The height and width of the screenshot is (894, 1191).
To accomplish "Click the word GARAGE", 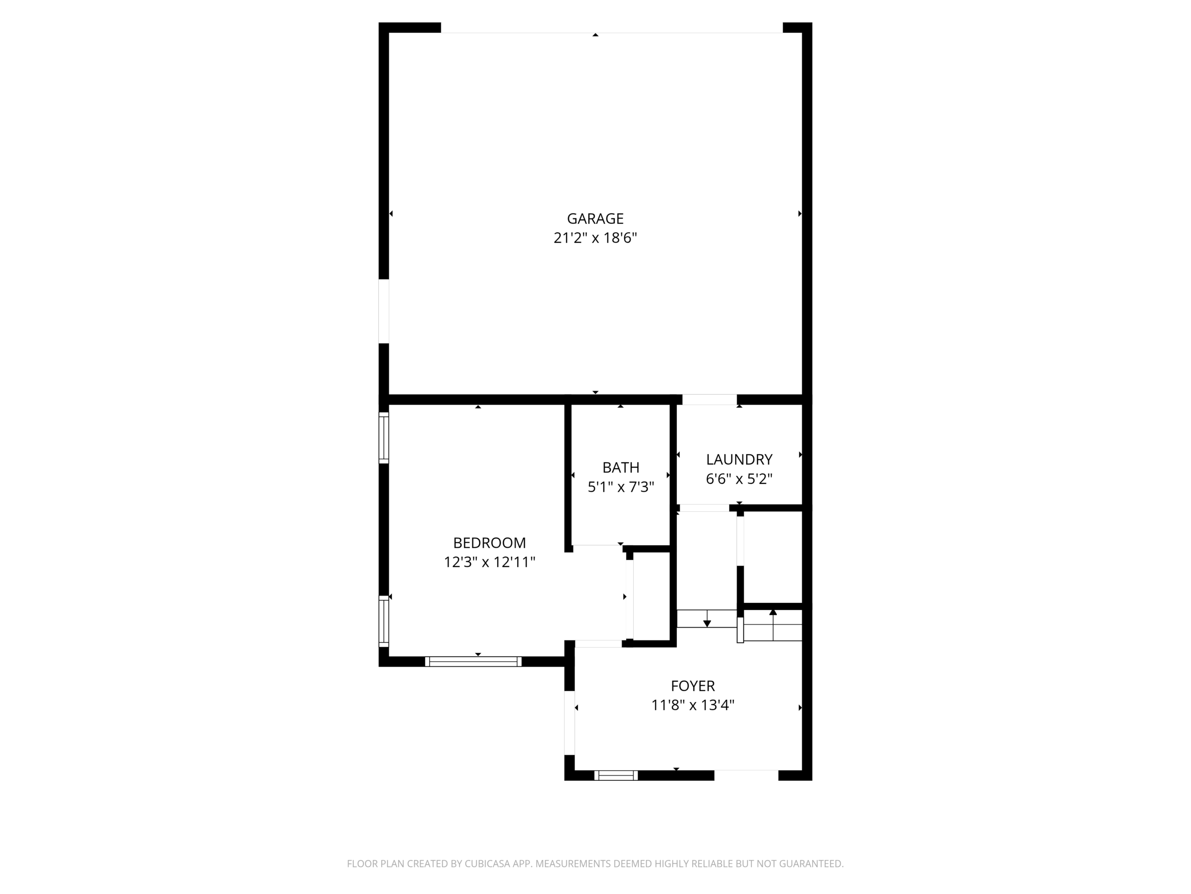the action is (595, 219).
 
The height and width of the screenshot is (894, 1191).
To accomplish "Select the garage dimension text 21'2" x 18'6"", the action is (595, 238).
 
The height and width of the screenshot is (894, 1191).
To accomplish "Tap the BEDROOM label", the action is (489, 542).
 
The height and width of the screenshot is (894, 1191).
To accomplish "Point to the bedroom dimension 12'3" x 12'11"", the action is (489, 562).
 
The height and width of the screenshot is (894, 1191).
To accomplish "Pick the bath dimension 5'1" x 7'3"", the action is (621, 487).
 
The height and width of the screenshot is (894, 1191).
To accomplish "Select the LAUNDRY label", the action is (739, 460).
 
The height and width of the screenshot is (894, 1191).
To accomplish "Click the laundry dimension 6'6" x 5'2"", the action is (739, 479).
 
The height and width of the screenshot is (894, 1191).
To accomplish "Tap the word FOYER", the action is (693, 686).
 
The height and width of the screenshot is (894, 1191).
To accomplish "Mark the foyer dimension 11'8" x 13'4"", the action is (693, 705).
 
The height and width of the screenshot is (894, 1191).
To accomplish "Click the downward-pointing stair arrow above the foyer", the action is (707, 619).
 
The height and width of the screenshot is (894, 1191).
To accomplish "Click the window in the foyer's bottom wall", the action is (616, 775).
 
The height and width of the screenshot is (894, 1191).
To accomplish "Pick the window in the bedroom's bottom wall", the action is (473, 662).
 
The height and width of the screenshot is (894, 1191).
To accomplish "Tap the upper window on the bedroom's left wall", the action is (384, 438).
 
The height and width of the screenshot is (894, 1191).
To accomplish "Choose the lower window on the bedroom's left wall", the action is (384, 621).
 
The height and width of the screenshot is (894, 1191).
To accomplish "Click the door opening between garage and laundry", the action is (709, 400).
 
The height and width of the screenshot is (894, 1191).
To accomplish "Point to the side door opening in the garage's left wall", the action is (384, 311).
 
